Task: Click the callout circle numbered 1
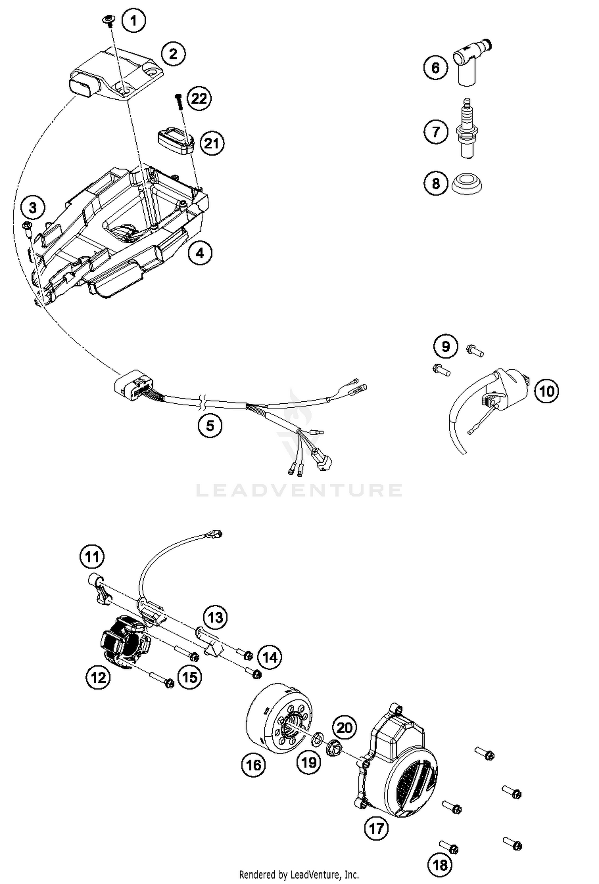134,20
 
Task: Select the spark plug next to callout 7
467,130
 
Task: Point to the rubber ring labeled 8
467,185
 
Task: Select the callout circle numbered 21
212,143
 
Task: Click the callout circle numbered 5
210,426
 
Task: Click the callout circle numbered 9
445,346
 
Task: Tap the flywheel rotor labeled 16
280,724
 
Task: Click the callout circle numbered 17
376,829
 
